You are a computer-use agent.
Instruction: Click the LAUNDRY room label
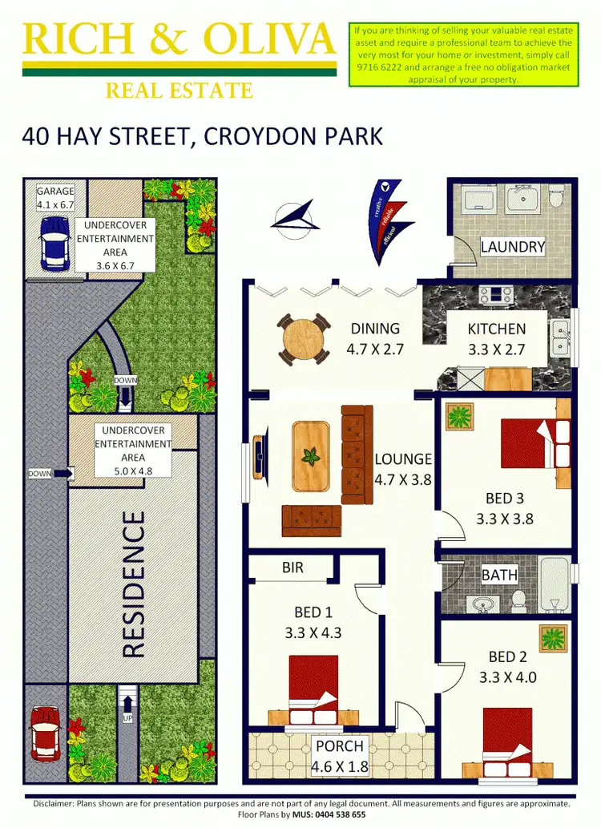[512, 247]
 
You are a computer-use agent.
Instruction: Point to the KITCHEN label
[497, 329]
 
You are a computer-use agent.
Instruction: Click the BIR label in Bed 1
[292, 567]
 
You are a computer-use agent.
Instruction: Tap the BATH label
[498, 574]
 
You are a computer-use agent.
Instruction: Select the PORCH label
[340, 746]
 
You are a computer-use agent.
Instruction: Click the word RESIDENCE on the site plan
[134, 584]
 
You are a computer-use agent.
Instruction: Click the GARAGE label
[55, 192]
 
